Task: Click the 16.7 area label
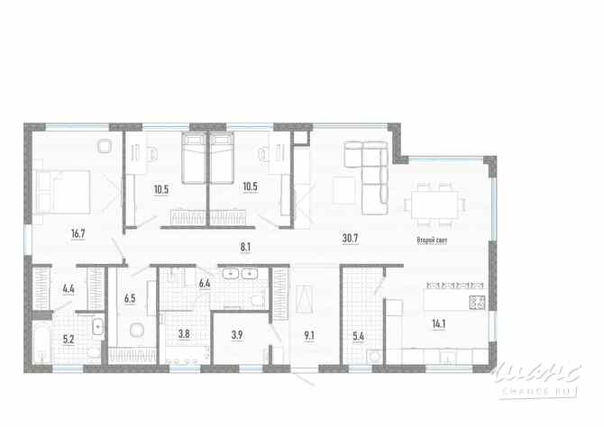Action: click(78, 233)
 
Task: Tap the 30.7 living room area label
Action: click(350, 239)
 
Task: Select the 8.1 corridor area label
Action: click(245, 247)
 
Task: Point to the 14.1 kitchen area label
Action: click(439, 323)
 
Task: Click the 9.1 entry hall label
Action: click(309, 335)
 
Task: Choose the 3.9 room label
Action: click(237, 334)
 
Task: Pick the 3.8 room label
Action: click(184, 333)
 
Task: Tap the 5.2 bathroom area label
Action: click(69, 340)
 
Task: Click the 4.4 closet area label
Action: click(69, 289)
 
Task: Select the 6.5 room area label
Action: click(130, 298)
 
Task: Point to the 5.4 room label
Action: click(359, 336)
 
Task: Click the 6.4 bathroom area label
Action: click(205, 284)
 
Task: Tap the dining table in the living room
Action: click(435, 204)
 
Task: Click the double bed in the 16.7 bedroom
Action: click(63, 192)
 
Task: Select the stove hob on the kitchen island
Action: click(477, 303)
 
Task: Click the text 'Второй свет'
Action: click(432, 241)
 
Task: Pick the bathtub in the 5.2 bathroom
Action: click(41, 344)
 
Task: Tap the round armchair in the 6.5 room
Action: click(137, 330)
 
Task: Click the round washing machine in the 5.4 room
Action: click(374, 356)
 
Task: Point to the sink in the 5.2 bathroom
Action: click(98, 327)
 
